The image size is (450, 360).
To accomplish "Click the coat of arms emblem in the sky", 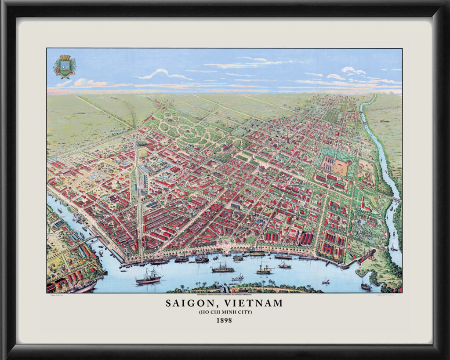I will [x=65, y=66].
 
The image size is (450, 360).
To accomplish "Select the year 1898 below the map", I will [x=224, y=320].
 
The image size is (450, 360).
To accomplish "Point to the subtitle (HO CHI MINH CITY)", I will [x=224, y=312].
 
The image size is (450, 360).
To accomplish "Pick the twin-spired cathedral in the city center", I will [x=261, y=168].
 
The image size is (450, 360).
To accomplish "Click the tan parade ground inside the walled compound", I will [x=342, y=167].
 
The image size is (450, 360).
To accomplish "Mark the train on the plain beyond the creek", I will [x=387, y=120].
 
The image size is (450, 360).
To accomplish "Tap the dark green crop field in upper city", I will [x=331, y=116].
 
